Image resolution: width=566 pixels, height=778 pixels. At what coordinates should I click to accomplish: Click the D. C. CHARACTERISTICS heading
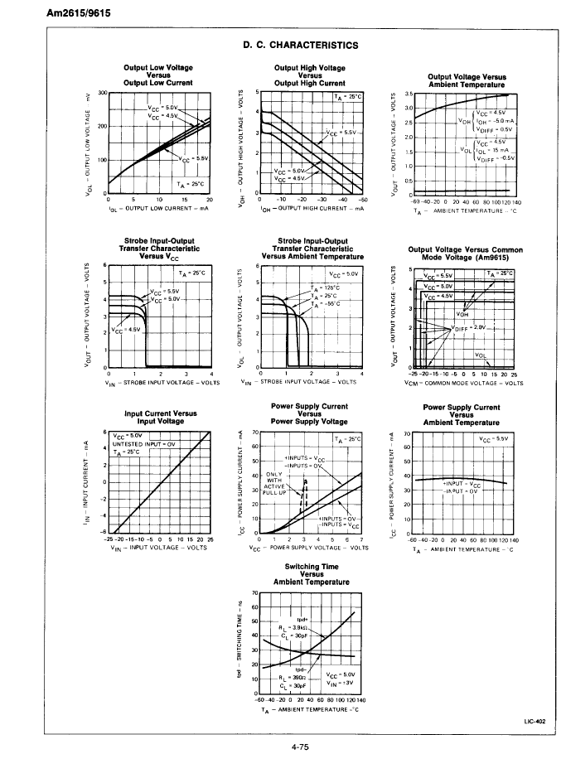(300, 45)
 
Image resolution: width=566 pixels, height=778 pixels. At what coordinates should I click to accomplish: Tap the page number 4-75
(300, 747)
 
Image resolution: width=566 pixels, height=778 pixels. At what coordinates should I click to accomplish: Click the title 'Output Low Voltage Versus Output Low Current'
(157, 75)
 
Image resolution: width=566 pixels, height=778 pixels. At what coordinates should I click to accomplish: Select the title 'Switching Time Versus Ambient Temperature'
(311, 574)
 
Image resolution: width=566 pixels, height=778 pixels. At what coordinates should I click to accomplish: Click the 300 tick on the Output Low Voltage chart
(103, 93)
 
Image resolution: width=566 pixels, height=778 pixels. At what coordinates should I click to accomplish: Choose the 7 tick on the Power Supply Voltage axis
(360, 540)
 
